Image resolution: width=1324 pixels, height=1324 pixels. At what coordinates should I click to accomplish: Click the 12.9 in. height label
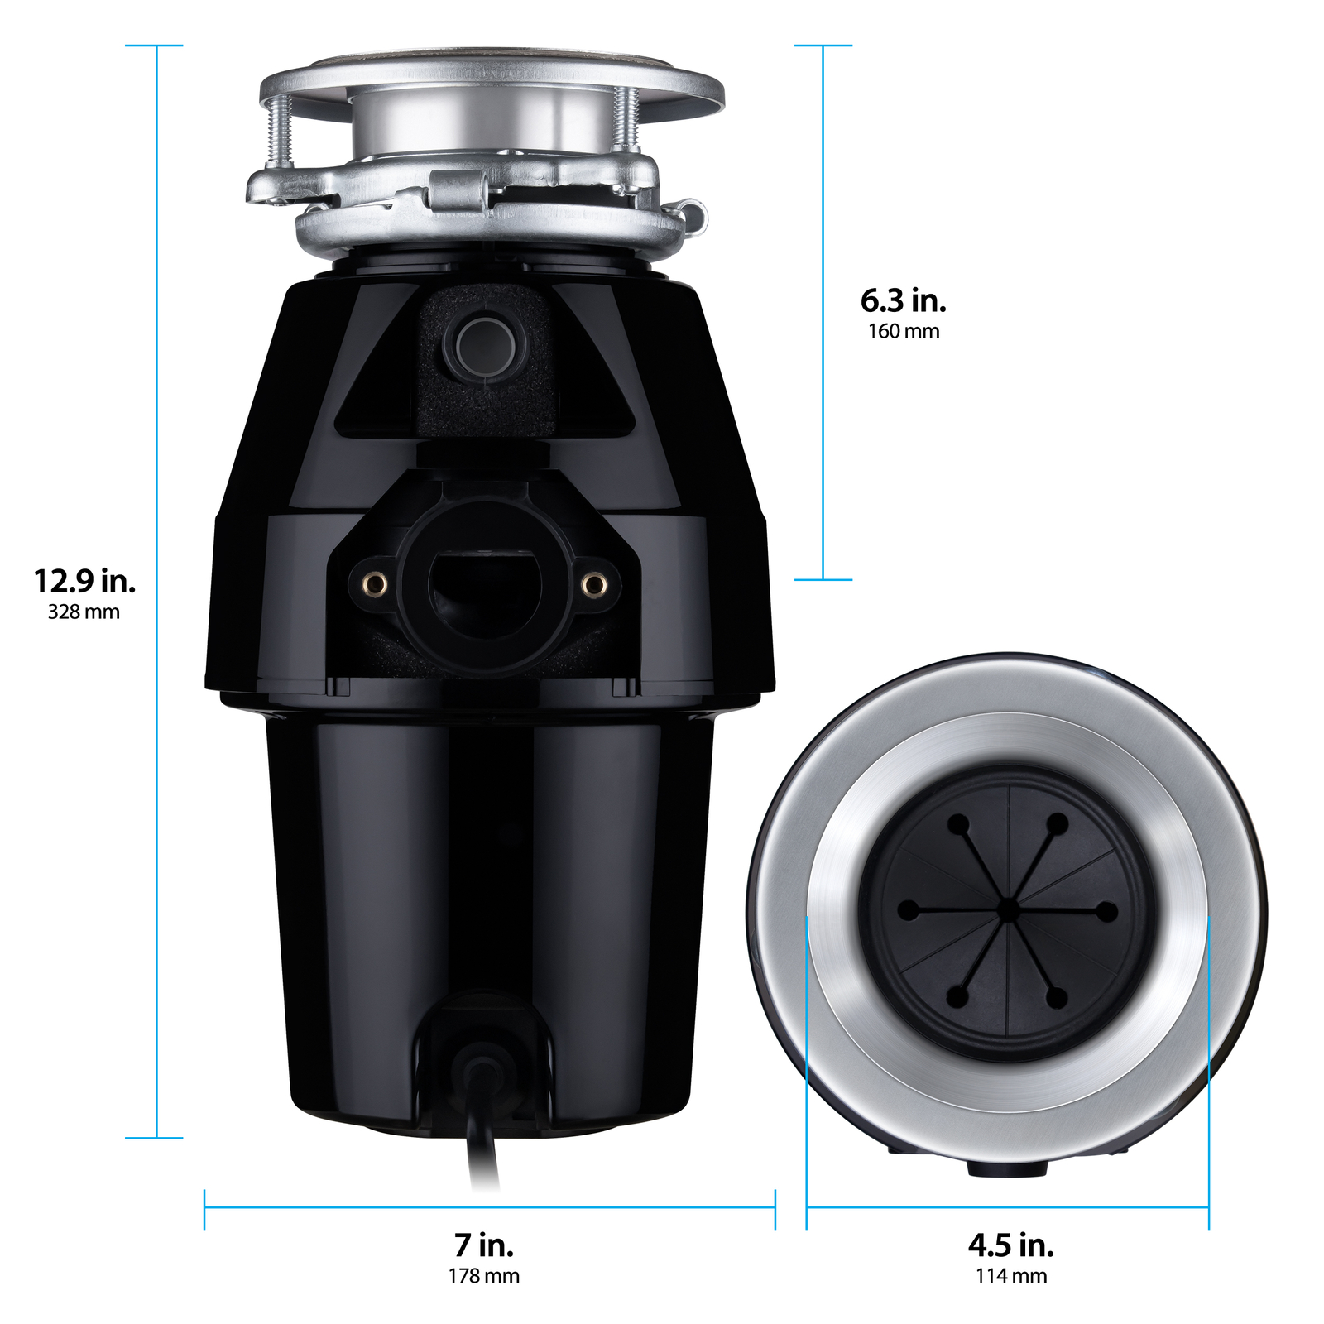point(84,581)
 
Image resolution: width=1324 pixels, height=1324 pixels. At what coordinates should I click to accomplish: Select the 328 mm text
point(84,612)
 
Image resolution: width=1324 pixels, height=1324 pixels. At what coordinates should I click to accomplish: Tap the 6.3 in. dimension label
point(903,300)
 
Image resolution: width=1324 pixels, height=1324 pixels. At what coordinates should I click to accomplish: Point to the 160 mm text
point(903,332)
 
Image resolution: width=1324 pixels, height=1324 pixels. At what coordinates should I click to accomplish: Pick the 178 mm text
point(484,1276)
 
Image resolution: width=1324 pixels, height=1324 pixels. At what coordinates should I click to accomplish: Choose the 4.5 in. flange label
point(1010,1245)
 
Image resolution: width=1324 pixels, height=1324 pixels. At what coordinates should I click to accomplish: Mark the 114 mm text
point(1010,1276)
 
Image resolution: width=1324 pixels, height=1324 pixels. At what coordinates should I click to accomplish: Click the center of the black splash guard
point(1008,911)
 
